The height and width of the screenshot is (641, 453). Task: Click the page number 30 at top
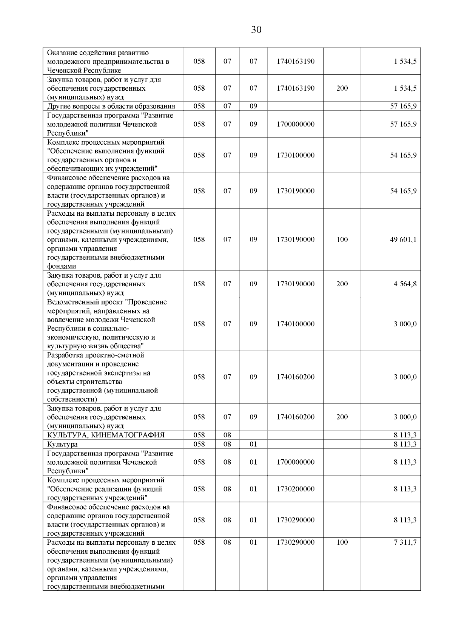[256, 30]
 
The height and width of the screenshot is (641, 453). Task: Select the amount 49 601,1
[403, 239]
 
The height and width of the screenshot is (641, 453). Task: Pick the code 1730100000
[295, 155]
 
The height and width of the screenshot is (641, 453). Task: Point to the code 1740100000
[295, 324]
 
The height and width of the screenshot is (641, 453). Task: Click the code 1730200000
[295, 489]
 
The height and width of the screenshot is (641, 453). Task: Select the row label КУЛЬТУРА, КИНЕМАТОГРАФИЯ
[106, 435]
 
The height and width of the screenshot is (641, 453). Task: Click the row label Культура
[62, 444]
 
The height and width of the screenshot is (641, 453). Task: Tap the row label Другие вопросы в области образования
[111, 106]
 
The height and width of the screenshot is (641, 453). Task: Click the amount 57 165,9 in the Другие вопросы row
[403, 106]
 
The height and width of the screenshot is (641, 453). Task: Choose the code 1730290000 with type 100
[295, 542]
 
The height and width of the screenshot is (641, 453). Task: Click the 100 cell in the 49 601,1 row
[342, 239]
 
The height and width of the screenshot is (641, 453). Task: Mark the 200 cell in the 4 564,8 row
[342, 284]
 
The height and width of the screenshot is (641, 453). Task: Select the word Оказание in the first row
[62, 53]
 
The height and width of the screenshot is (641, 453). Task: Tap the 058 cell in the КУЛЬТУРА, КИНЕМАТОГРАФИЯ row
[199, 435]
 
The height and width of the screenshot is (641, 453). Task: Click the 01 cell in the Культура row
[253, 444]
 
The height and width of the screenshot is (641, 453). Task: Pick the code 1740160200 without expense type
[295, 377]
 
